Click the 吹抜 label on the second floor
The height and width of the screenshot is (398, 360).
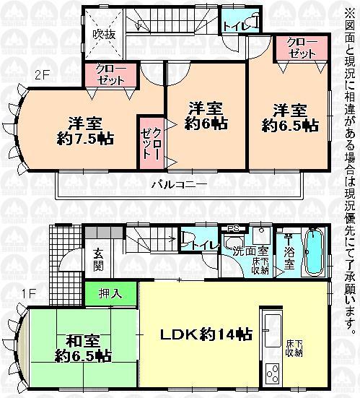point(103,33)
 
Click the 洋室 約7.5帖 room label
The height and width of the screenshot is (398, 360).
point(86,129)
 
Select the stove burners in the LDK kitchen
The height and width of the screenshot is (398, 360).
point(273,375)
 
